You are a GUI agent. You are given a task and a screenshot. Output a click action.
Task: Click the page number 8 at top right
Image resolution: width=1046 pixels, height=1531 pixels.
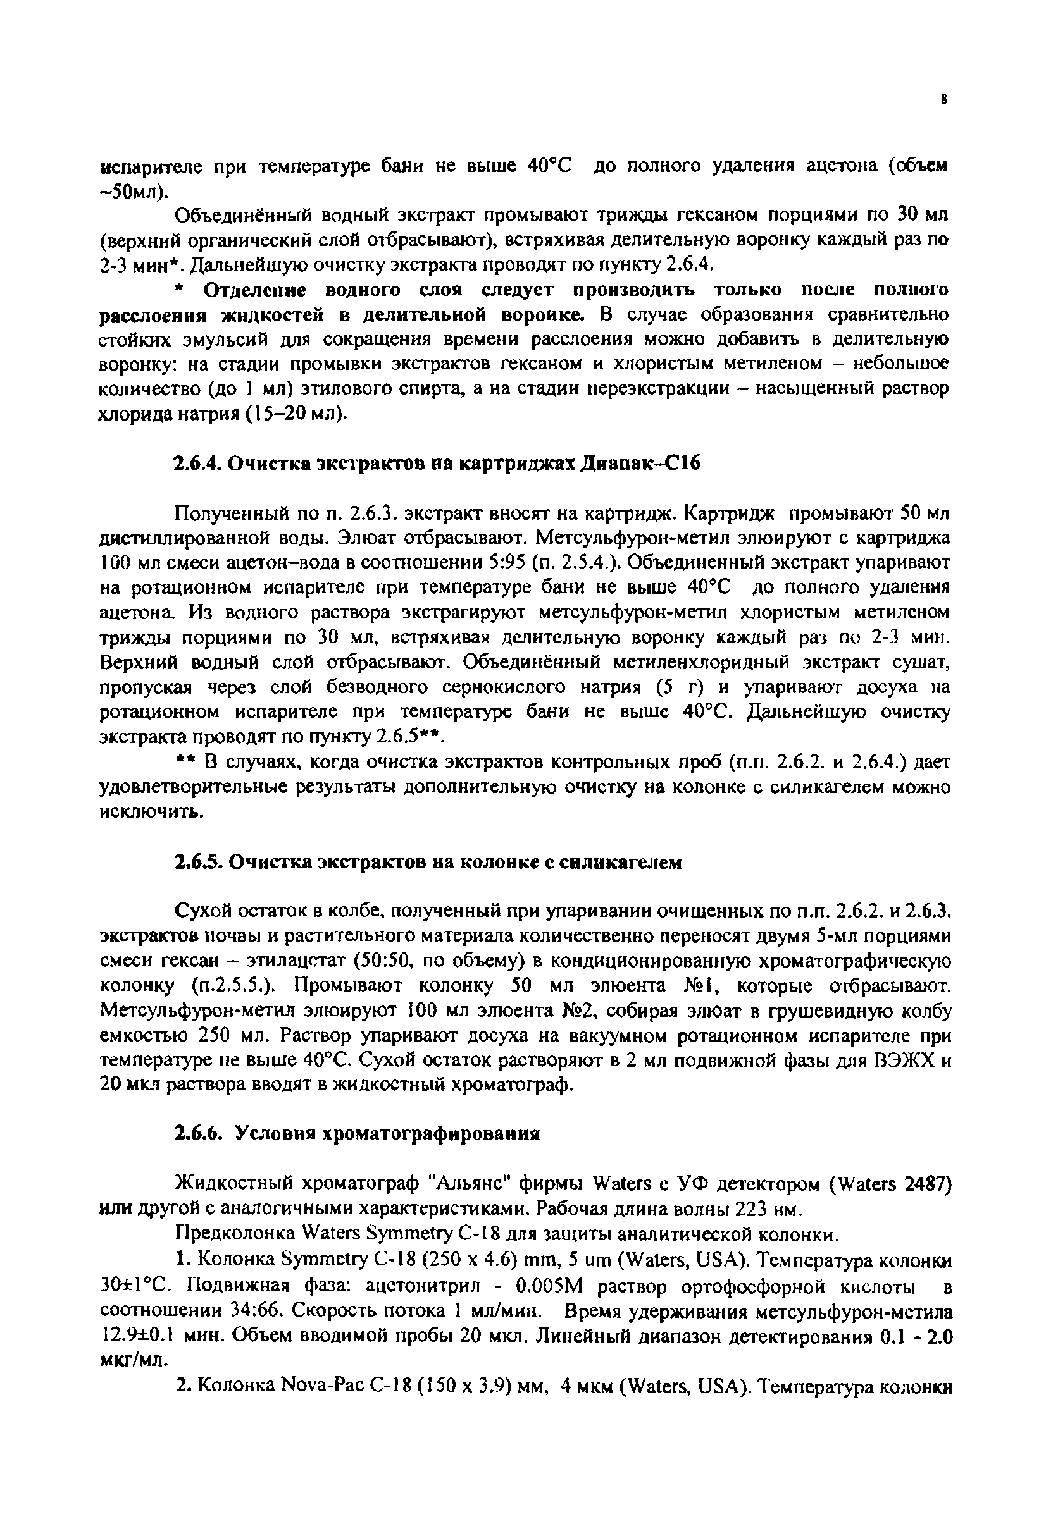(945, 100)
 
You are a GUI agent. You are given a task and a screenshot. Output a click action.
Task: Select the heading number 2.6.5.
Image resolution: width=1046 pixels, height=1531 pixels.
(197, 862)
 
